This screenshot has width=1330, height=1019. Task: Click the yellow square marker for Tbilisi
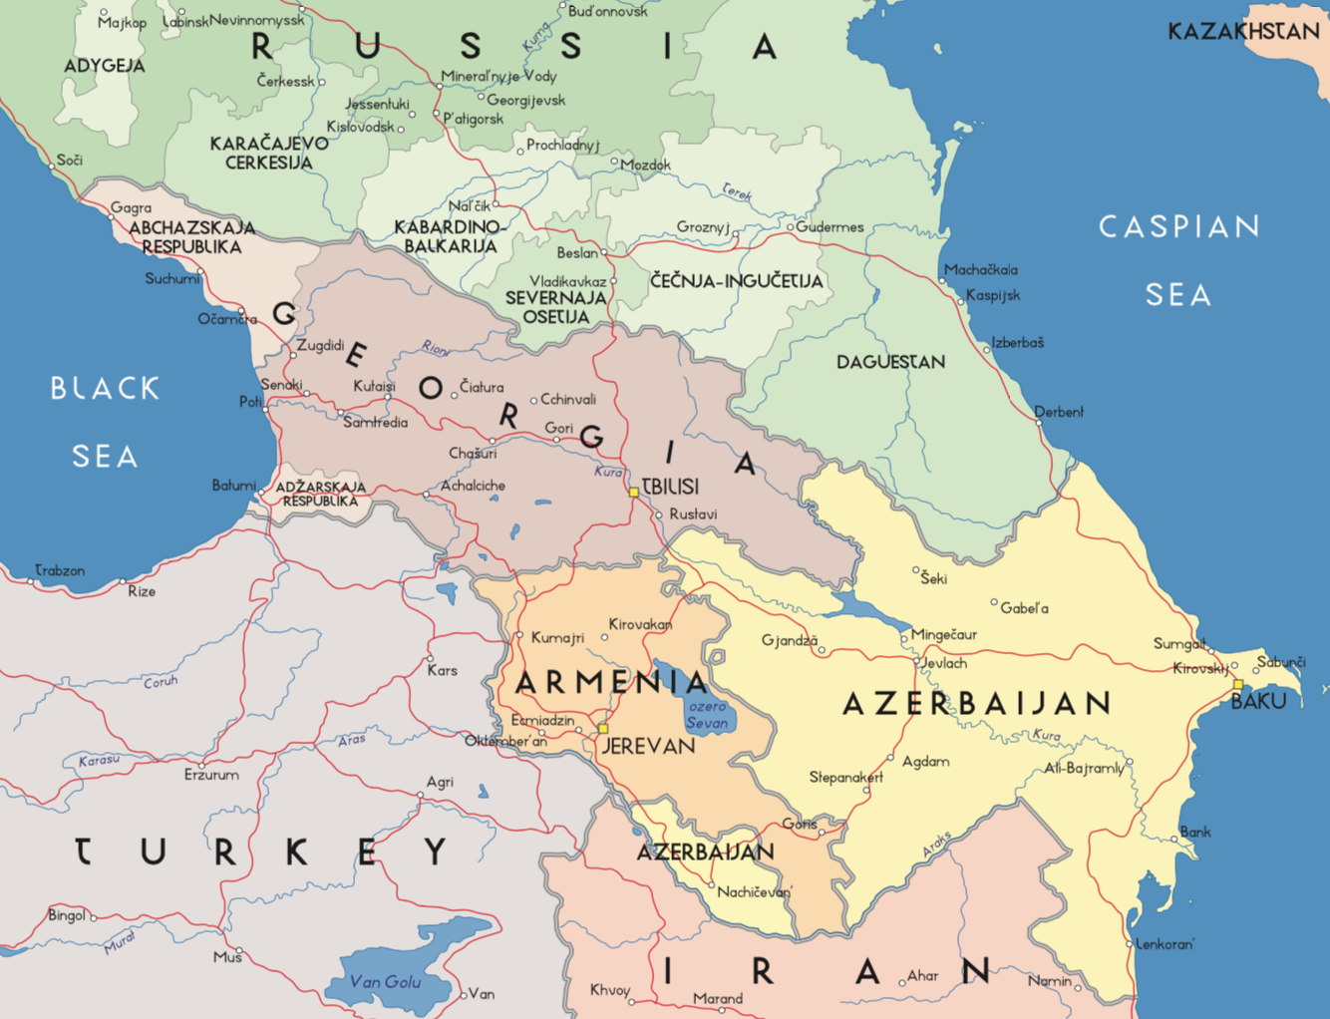point(633,493)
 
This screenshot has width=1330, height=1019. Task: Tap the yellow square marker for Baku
point(1238,685)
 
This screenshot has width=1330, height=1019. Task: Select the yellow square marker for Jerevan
point(602,729)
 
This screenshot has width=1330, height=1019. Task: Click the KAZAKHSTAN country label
point(1243,32)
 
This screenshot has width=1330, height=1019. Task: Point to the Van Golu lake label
point(385,982)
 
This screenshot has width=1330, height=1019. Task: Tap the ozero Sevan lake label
point(707,714)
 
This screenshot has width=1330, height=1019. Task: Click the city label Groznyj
point(703,227)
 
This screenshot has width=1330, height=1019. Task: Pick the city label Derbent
point(1058,412)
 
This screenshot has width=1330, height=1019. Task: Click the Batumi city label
point(233,486)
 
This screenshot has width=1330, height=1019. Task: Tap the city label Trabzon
point(60,570)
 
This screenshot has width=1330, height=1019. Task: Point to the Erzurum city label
point(211,774)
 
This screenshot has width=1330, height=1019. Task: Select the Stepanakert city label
point(845,777)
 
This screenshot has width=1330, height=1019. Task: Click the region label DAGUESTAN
point(890,362)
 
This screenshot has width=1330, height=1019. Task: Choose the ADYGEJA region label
point(105,66)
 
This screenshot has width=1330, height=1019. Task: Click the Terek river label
point(737,190)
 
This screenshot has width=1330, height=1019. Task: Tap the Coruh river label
point(161,682)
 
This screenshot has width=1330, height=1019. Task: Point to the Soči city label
point(70,160)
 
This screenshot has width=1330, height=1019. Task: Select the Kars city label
point(442,670)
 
